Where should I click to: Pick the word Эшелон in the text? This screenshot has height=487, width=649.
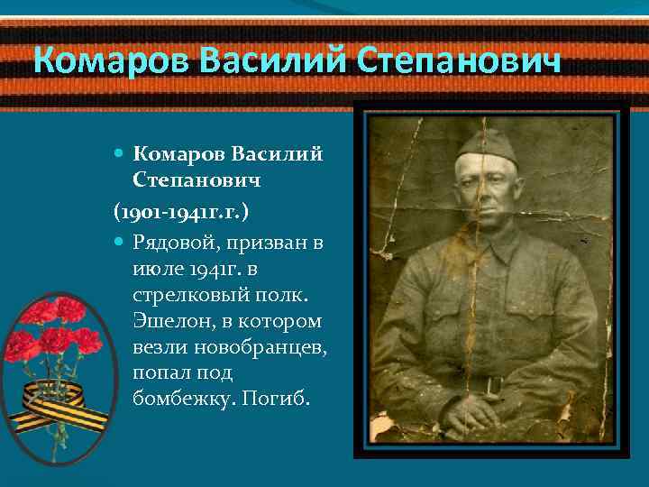(165, 322)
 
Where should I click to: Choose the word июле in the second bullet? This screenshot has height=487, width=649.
(153, 270)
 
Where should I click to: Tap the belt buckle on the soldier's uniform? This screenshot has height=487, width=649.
(492, 385)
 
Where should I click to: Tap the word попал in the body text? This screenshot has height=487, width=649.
(157, 372)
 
